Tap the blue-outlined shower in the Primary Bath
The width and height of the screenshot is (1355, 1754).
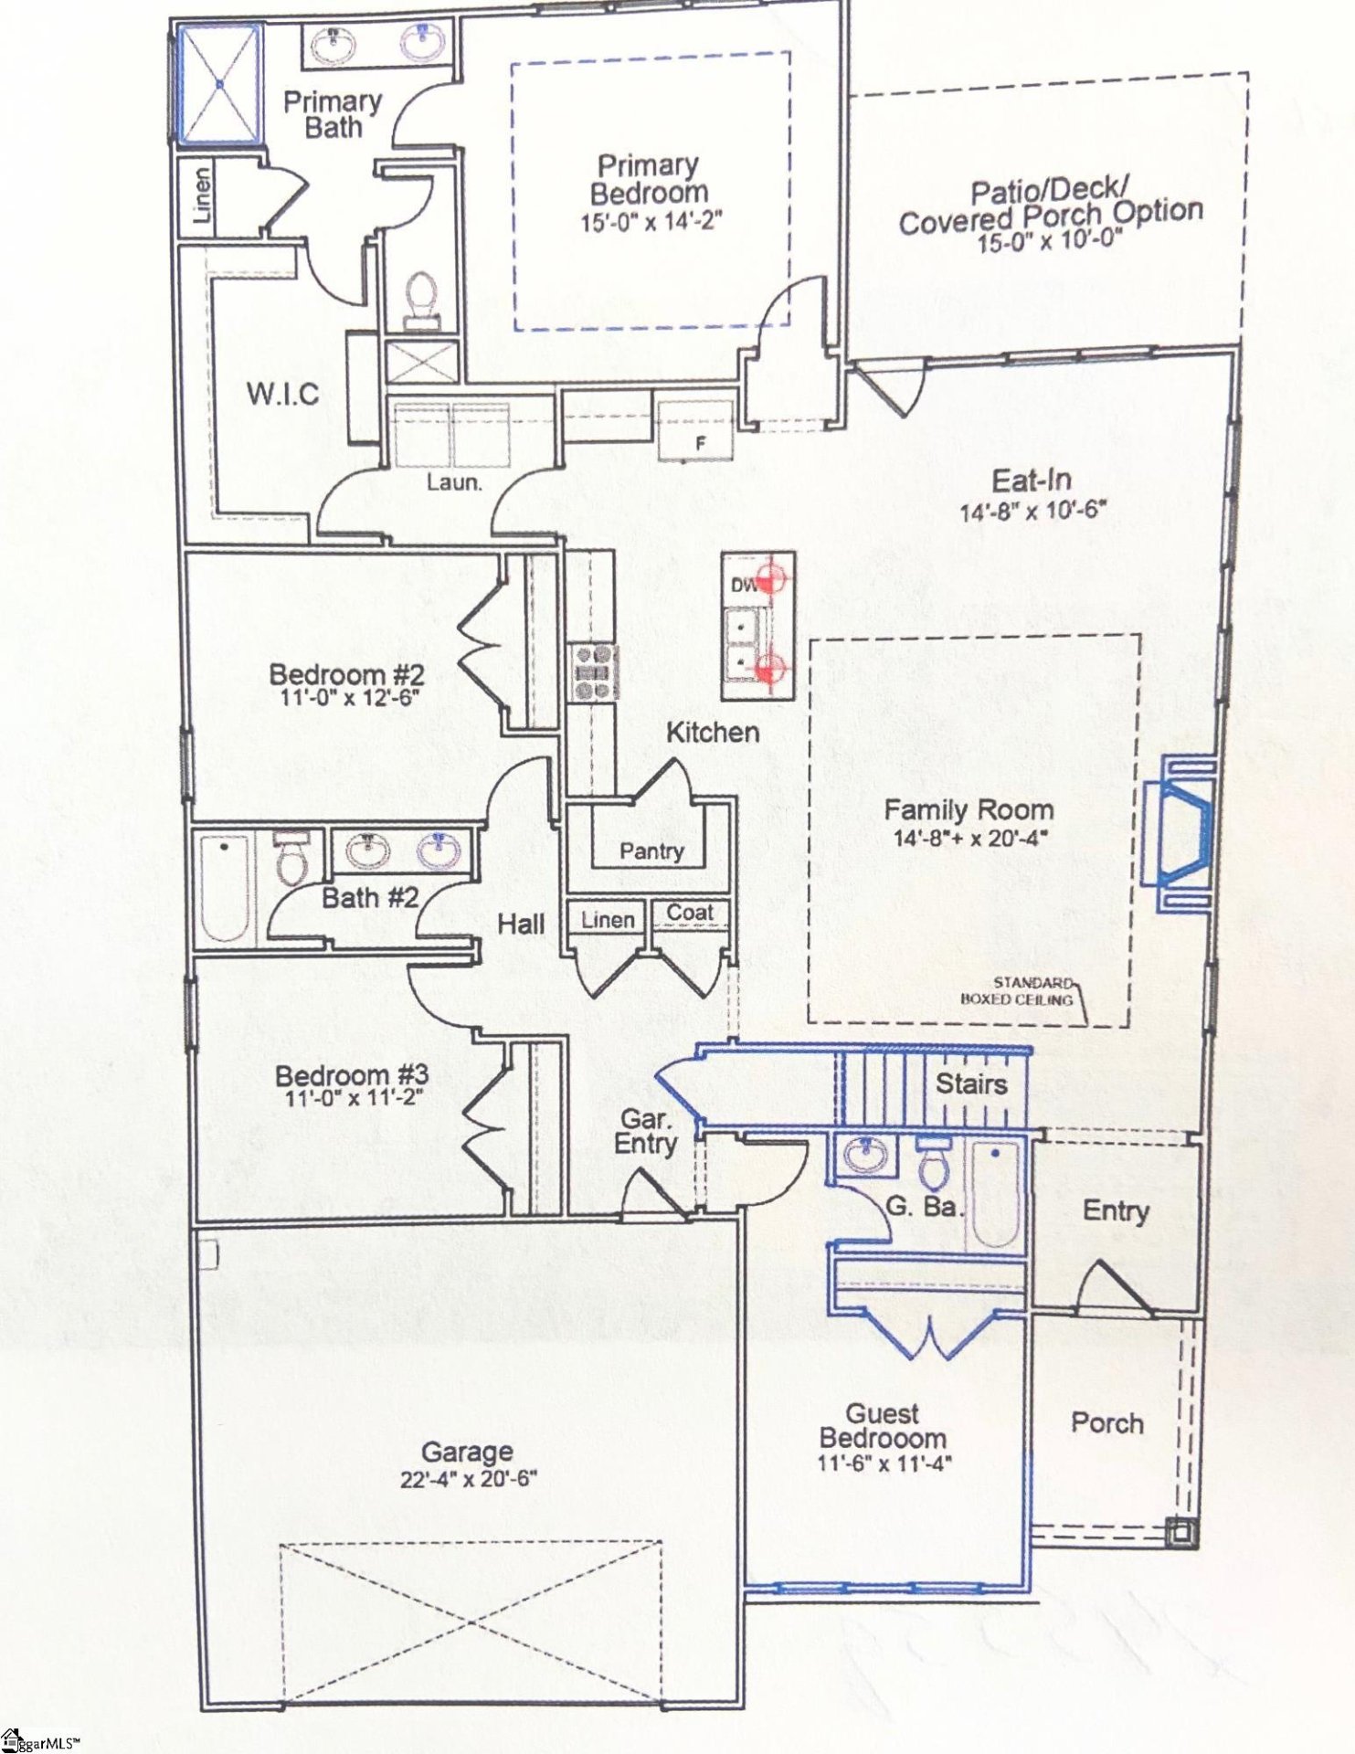pos(219,84)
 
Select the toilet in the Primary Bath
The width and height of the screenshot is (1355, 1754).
pos(421,300)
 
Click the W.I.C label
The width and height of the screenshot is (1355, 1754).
pos(282,395)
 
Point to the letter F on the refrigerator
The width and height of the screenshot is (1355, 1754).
pos(701,444)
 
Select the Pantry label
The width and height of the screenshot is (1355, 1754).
pos(651,851)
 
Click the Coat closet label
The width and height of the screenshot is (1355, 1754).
pos(689,913)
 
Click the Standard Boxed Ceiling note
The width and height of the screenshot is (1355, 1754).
pos(1018,991)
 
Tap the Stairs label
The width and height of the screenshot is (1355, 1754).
pos(970,1084)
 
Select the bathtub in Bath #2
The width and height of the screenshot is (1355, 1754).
pos(225,888)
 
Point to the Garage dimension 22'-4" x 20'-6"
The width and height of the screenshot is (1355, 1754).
pos(468,1479)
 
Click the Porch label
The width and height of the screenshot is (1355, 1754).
pos(1106,1422)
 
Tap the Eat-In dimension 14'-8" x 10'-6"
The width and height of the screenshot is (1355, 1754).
pos(1032,510)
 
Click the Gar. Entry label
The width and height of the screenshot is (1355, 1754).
pos(645,1132)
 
